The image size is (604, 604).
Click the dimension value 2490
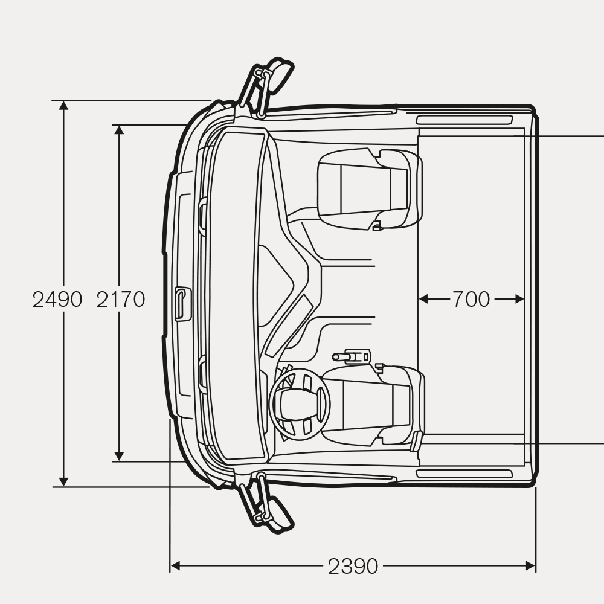[57, 299]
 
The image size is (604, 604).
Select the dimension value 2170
[121, 299]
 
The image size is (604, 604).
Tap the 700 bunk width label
[471, 299]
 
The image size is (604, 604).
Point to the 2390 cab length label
[353, 567]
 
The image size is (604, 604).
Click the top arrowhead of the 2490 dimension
[63, 106]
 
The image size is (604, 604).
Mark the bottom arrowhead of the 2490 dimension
[63, 481]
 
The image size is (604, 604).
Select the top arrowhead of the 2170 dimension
[120, 130]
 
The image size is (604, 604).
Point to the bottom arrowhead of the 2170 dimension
[120, 456]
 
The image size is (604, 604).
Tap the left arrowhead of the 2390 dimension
[176, 566]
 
